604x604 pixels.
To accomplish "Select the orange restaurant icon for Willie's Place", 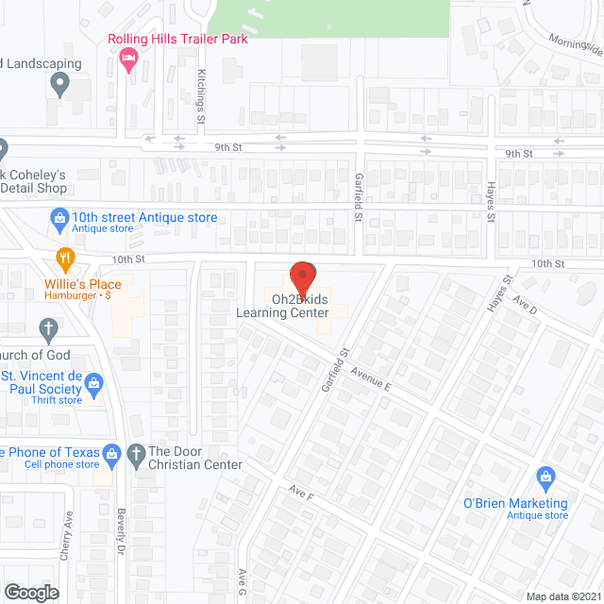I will tap(64, 257).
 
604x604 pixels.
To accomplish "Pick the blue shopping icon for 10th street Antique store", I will tap(59, 219).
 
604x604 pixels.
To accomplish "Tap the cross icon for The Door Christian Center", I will tap(136, 452).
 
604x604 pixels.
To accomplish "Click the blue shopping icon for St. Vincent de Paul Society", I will tap(92, 382).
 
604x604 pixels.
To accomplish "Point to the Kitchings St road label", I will tap(201, 96).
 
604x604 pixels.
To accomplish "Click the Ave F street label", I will tap(302, 493).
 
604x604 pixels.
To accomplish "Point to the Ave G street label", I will tap(243, 579).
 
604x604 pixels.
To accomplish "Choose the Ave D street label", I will tap(525, 306).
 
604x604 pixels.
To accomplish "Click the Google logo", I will tap(30, 592).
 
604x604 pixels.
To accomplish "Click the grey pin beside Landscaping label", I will tap(59, 86).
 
